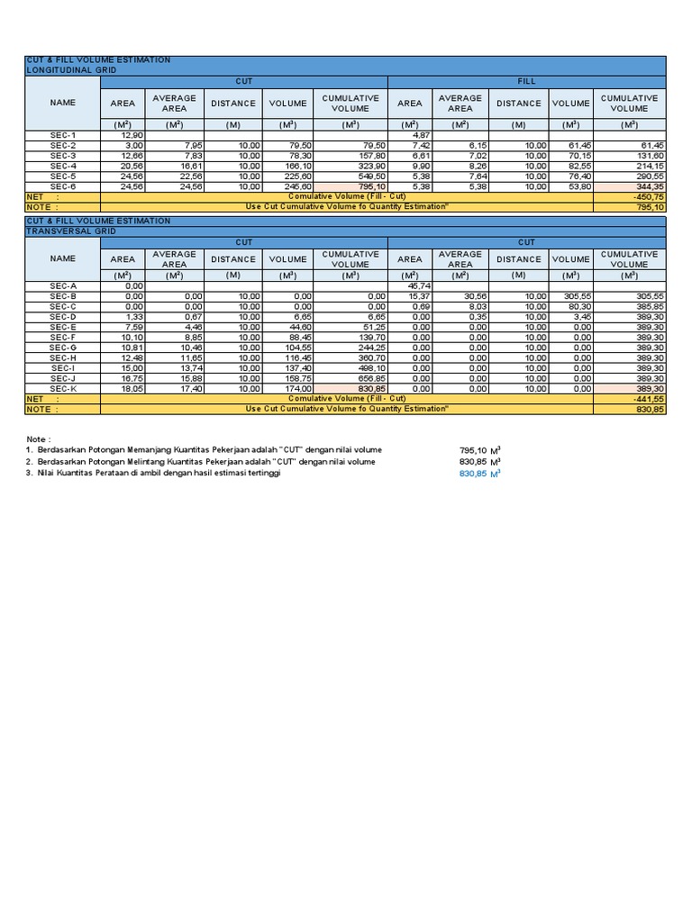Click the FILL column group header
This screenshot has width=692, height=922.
[x=526, y=81]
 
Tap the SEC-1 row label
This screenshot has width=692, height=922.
[x=63, y=135]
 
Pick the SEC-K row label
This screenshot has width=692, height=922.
[x=63, y=388]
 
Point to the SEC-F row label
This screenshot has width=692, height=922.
[x=63, y=336]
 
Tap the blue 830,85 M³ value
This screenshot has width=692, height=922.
[x=479, y=474]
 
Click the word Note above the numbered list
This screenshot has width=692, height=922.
[x=39, y=438]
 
